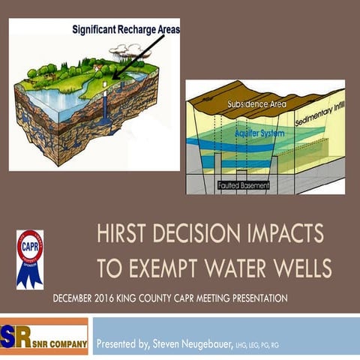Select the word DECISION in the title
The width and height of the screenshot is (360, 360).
click(202, 235)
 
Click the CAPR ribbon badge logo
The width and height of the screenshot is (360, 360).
click(29, 258)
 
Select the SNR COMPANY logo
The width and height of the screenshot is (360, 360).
click(44, 335)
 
